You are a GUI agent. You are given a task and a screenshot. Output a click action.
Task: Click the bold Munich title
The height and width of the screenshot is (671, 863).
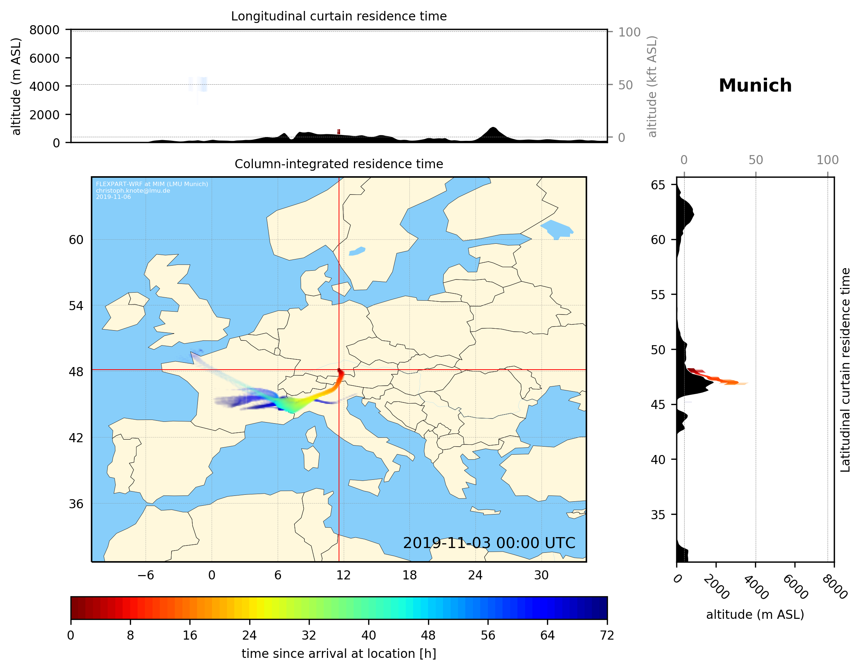pos(755,86)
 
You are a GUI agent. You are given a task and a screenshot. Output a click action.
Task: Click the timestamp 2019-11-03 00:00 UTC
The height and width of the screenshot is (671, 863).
pos(489,543)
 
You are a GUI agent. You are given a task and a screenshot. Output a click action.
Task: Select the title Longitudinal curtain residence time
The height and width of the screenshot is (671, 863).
pos(339,16)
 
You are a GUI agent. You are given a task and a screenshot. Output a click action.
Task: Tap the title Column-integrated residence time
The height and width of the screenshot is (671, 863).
pos(339,164)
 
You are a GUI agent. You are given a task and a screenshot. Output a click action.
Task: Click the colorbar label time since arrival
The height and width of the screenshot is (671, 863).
pos(339,653)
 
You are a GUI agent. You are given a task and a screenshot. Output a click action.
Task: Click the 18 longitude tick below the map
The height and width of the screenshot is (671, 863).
pos(409,575)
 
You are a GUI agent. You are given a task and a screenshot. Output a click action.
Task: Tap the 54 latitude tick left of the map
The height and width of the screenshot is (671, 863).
pos(76,306)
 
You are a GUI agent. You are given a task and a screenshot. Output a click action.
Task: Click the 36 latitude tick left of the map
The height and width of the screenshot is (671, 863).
pos(76,504)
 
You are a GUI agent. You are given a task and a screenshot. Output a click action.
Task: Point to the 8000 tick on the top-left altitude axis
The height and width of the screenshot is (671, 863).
pos(44,30)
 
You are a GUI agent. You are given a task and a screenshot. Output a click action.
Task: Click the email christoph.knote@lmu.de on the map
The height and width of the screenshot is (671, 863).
pos(133,190)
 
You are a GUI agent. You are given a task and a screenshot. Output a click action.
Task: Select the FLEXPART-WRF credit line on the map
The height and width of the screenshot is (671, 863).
pos(152,184)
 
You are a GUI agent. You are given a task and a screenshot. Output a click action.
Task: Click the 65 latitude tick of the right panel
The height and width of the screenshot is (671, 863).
pos(658,185)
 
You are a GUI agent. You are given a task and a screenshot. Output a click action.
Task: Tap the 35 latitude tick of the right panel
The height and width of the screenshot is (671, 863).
pos(658,514)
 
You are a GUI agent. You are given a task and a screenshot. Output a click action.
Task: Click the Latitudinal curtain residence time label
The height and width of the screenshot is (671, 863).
pos(845,370)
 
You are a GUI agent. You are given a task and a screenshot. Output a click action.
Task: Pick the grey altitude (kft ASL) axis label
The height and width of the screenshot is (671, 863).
pos(652,86)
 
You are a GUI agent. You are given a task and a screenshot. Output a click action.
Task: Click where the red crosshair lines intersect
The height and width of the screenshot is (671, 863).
pos(339,370)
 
